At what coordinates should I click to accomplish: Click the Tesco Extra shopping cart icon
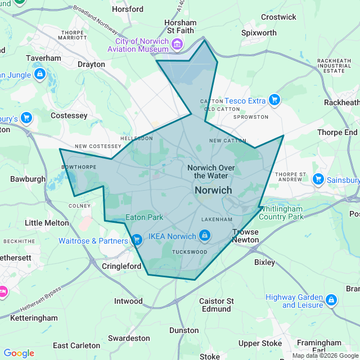point(274,100)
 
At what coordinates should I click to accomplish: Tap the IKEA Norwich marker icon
point(205,236)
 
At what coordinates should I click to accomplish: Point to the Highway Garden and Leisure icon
point(331,300)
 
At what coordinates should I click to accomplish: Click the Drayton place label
point(91,64)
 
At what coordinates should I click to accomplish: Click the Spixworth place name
point(259,33)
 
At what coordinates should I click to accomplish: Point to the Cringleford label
point(121,265)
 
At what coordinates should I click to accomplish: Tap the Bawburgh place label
point(28,179)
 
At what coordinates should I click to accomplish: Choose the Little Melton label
point(47,223)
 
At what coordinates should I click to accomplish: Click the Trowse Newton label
point(246,236)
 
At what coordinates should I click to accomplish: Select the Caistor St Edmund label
point(216,305)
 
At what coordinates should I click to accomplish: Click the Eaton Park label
point(145,217)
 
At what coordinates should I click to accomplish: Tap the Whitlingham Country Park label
point(281,212)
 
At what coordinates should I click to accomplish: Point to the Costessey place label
point(69,115)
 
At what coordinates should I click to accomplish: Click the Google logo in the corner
point(19,353)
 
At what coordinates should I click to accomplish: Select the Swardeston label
point(129,338)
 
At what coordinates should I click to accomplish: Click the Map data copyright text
point(325,355)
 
